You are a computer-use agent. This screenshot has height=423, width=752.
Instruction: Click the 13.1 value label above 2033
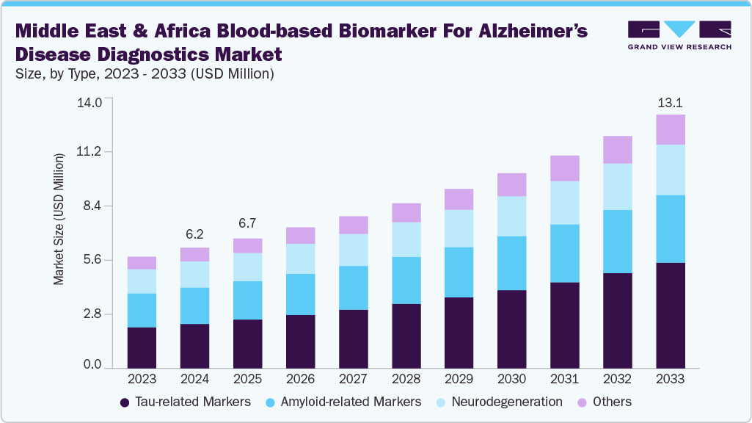670,101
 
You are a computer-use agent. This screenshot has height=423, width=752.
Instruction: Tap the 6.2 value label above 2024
194,234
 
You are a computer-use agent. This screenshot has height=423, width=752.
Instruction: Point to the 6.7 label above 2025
247,223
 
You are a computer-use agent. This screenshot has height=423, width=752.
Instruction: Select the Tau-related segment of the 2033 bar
670,315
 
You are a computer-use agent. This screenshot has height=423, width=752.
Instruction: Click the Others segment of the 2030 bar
511,184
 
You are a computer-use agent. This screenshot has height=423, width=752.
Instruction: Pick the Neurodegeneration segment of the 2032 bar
617,187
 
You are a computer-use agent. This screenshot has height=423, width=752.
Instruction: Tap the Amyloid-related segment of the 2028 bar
406,280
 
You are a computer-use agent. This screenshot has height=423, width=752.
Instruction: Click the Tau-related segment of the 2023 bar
142,347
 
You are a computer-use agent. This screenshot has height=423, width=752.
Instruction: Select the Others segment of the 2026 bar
300,235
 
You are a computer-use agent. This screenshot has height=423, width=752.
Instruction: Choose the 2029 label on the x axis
459,379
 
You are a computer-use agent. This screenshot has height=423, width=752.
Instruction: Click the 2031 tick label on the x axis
564,379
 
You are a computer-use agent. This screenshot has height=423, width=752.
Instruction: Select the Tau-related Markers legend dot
125,402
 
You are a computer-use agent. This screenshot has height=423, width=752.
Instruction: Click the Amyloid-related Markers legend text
352,402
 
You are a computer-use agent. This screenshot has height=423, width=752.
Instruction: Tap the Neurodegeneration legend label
506,402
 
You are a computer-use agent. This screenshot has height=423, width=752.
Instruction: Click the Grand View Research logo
679,35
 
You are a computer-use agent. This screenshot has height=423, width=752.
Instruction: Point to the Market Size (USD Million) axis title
59,218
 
